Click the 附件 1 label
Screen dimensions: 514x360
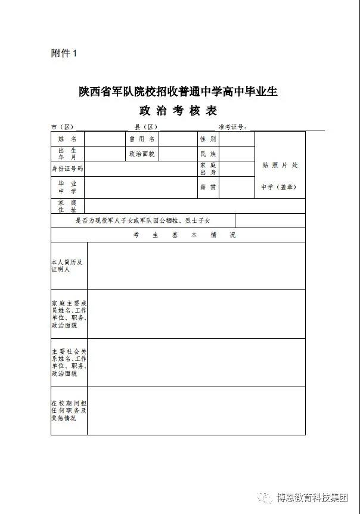(x=64, y=54)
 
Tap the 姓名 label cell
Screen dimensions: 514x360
(x=67, y=139)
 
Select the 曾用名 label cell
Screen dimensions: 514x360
(x=142, y=139)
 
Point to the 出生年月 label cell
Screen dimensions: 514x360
(x=67, y=154)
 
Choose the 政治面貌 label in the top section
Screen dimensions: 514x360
(x=142, y=154)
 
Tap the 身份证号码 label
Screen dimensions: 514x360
(x=67, y=169)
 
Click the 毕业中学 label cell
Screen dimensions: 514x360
(x=67, y=187)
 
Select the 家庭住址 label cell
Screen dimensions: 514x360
(x=67, y=206)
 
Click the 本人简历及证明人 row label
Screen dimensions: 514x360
(x=67, y=266)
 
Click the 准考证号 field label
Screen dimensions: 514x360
(x=233, y=127)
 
